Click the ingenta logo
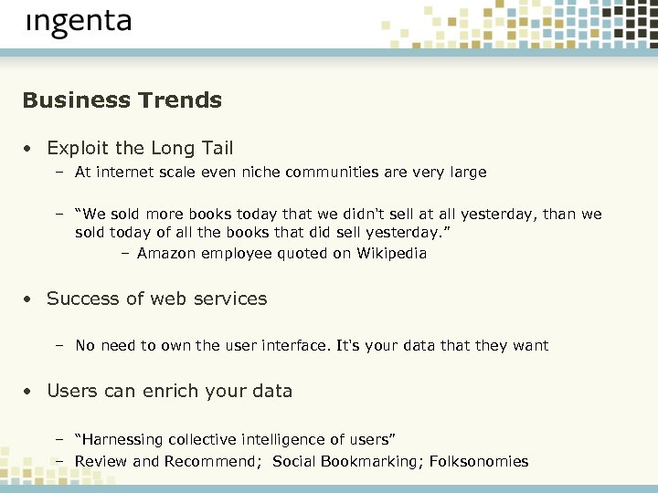(x=79, y=23)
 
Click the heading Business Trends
(x=122, y=100)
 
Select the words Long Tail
(x=192, y=148)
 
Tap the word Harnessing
(x=125, y=440)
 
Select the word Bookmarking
(x=363, y=461)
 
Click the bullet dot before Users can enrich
(x=30, y=392)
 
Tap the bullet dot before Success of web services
(x=30, y=299)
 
